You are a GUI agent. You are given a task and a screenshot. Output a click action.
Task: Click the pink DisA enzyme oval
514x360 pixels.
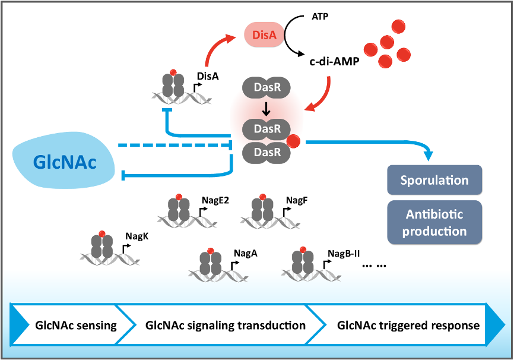264,35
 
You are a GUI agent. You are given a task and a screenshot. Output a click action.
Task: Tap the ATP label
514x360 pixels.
319,17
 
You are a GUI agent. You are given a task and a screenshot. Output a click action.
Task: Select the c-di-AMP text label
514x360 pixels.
334,61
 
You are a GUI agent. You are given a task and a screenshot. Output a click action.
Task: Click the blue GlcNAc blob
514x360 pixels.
64,162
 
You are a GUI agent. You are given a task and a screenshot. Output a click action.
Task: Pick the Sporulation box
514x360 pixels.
434,180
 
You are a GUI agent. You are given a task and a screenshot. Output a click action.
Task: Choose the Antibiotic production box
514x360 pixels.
434,223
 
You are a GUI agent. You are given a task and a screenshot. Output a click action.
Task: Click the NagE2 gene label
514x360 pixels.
215,200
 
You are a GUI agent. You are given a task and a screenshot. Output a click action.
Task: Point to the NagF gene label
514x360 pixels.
297,200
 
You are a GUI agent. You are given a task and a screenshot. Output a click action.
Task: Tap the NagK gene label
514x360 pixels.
137,236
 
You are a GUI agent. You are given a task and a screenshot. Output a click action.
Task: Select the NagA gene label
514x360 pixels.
246,253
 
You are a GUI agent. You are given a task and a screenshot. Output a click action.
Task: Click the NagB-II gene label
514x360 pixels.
344,253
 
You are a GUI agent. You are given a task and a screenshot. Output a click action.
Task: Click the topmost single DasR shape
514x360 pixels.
266,87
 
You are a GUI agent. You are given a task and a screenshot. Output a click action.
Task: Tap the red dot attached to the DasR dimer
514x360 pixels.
293,141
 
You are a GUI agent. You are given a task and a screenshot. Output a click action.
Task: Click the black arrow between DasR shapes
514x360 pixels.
266,109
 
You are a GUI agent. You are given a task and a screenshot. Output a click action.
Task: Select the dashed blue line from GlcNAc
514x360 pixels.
175,145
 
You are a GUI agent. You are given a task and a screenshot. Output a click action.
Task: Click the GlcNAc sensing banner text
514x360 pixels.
76,326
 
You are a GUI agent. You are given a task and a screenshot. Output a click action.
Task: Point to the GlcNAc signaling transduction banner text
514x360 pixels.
226,326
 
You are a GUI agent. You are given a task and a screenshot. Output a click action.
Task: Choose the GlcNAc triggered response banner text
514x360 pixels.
408,326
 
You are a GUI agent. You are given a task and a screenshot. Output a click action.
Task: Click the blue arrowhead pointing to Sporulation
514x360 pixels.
429,156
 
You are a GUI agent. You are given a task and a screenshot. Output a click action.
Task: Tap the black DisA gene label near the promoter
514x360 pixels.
208,77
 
